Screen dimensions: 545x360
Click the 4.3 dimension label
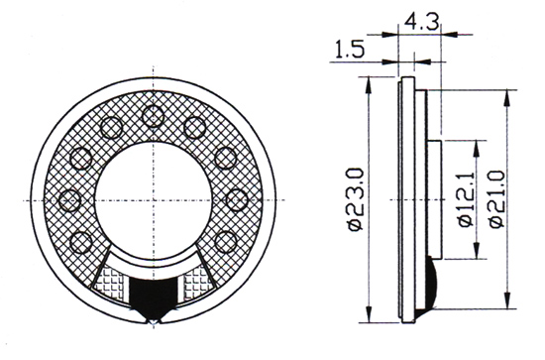[x=421, y=22]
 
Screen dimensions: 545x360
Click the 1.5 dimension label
[x=350, y=49]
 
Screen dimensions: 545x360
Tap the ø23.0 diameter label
[x=355, y=199]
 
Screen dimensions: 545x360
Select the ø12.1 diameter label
[x=467, y=200]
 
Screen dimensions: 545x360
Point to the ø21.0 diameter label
[x=496, y=199]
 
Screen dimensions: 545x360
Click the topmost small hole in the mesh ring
[x=154, y=116]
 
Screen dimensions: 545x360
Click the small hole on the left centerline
[x=70, y=200]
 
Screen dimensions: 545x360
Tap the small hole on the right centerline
[x=237, y=200]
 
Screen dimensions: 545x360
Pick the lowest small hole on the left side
[x=81, y=242]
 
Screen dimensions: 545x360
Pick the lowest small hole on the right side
[x=226, y=242]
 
